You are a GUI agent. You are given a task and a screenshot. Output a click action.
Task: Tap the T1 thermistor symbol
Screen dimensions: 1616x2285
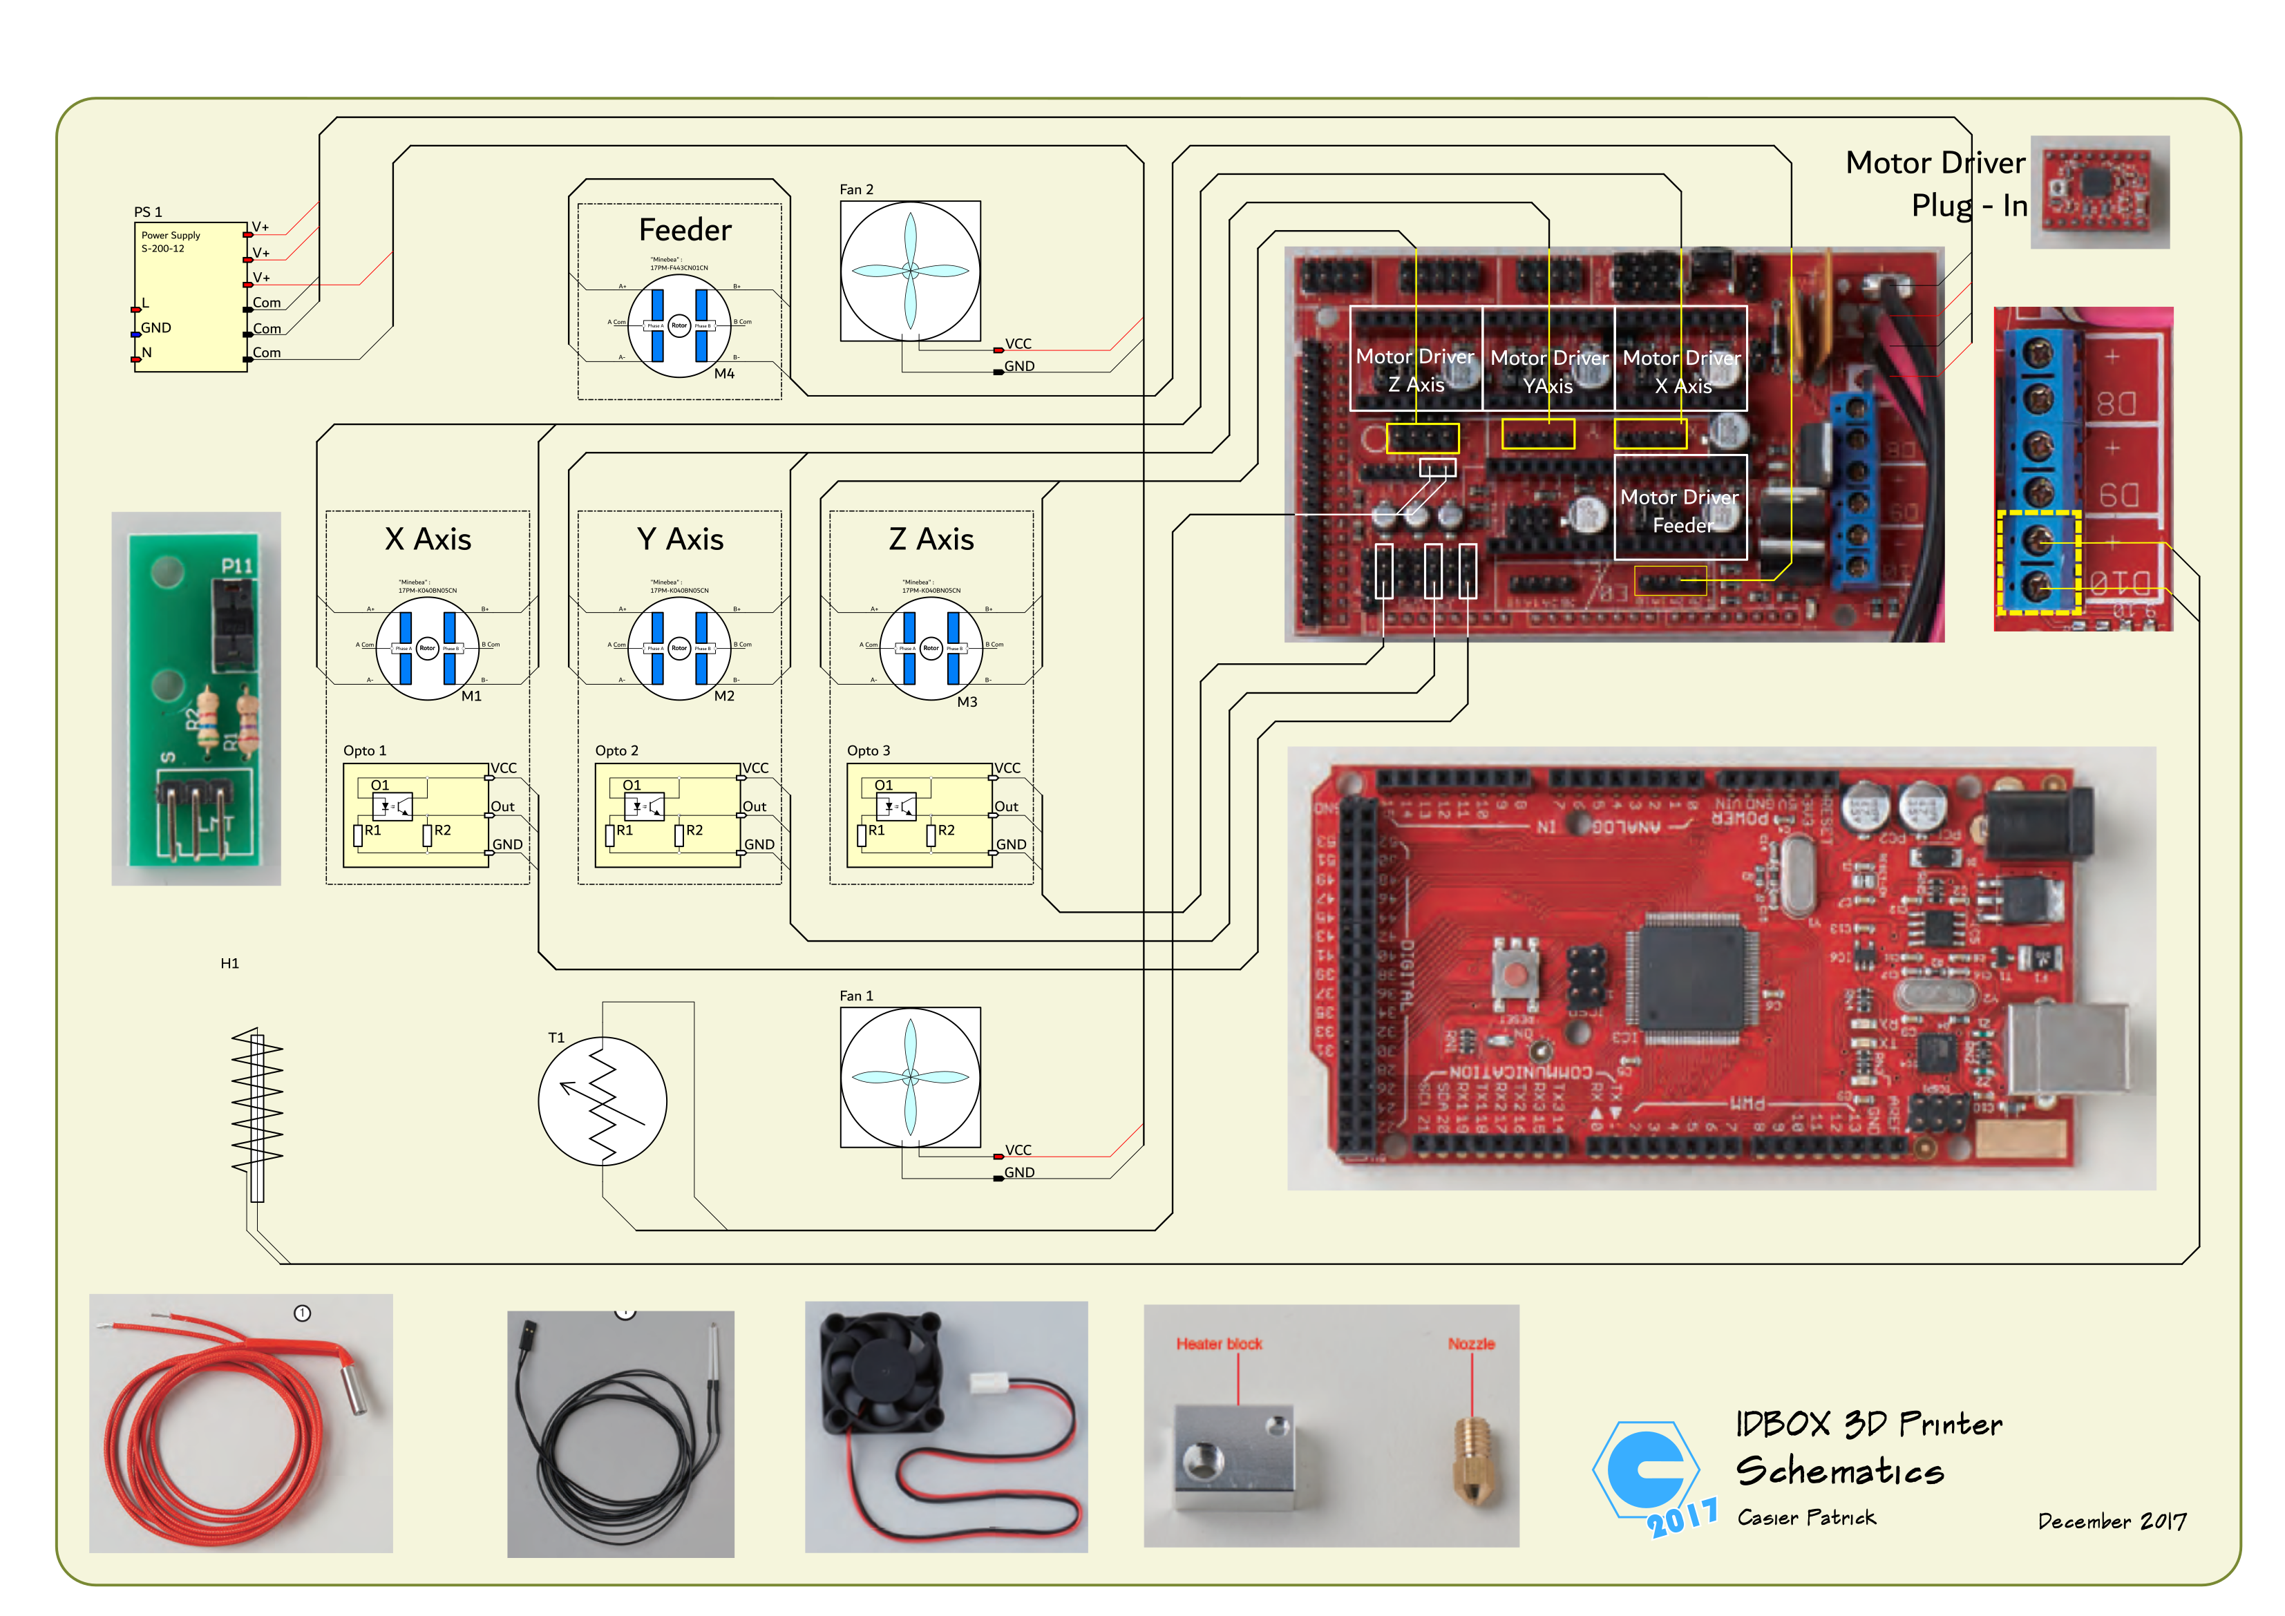click(x=602, y=1101)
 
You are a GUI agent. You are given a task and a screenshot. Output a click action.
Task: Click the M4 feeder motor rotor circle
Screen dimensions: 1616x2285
click(x=679, y=325)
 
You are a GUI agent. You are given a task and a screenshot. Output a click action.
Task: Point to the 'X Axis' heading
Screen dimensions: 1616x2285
click(x=428, y=540)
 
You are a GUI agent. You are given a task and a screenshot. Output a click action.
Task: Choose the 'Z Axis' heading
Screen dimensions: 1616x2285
click(x=931, y=540)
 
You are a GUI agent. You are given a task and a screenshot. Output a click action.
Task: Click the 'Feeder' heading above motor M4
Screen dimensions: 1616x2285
click(x=685, y=231)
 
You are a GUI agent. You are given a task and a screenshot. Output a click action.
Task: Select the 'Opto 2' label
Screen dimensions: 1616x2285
click(x=616, y=750)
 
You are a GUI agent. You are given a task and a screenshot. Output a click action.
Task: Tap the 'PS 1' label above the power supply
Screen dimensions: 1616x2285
click(x=147, y=212)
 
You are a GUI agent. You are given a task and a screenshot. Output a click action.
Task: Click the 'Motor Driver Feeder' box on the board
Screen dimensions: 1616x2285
click(x=1680, y=508)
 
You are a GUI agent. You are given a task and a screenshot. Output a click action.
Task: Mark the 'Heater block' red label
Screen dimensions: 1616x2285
click(x=1219, y=1343)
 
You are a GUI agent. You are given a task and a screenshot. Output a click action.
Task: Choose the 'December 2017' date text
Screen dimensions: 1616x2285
click(x=2112, y=1521)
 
